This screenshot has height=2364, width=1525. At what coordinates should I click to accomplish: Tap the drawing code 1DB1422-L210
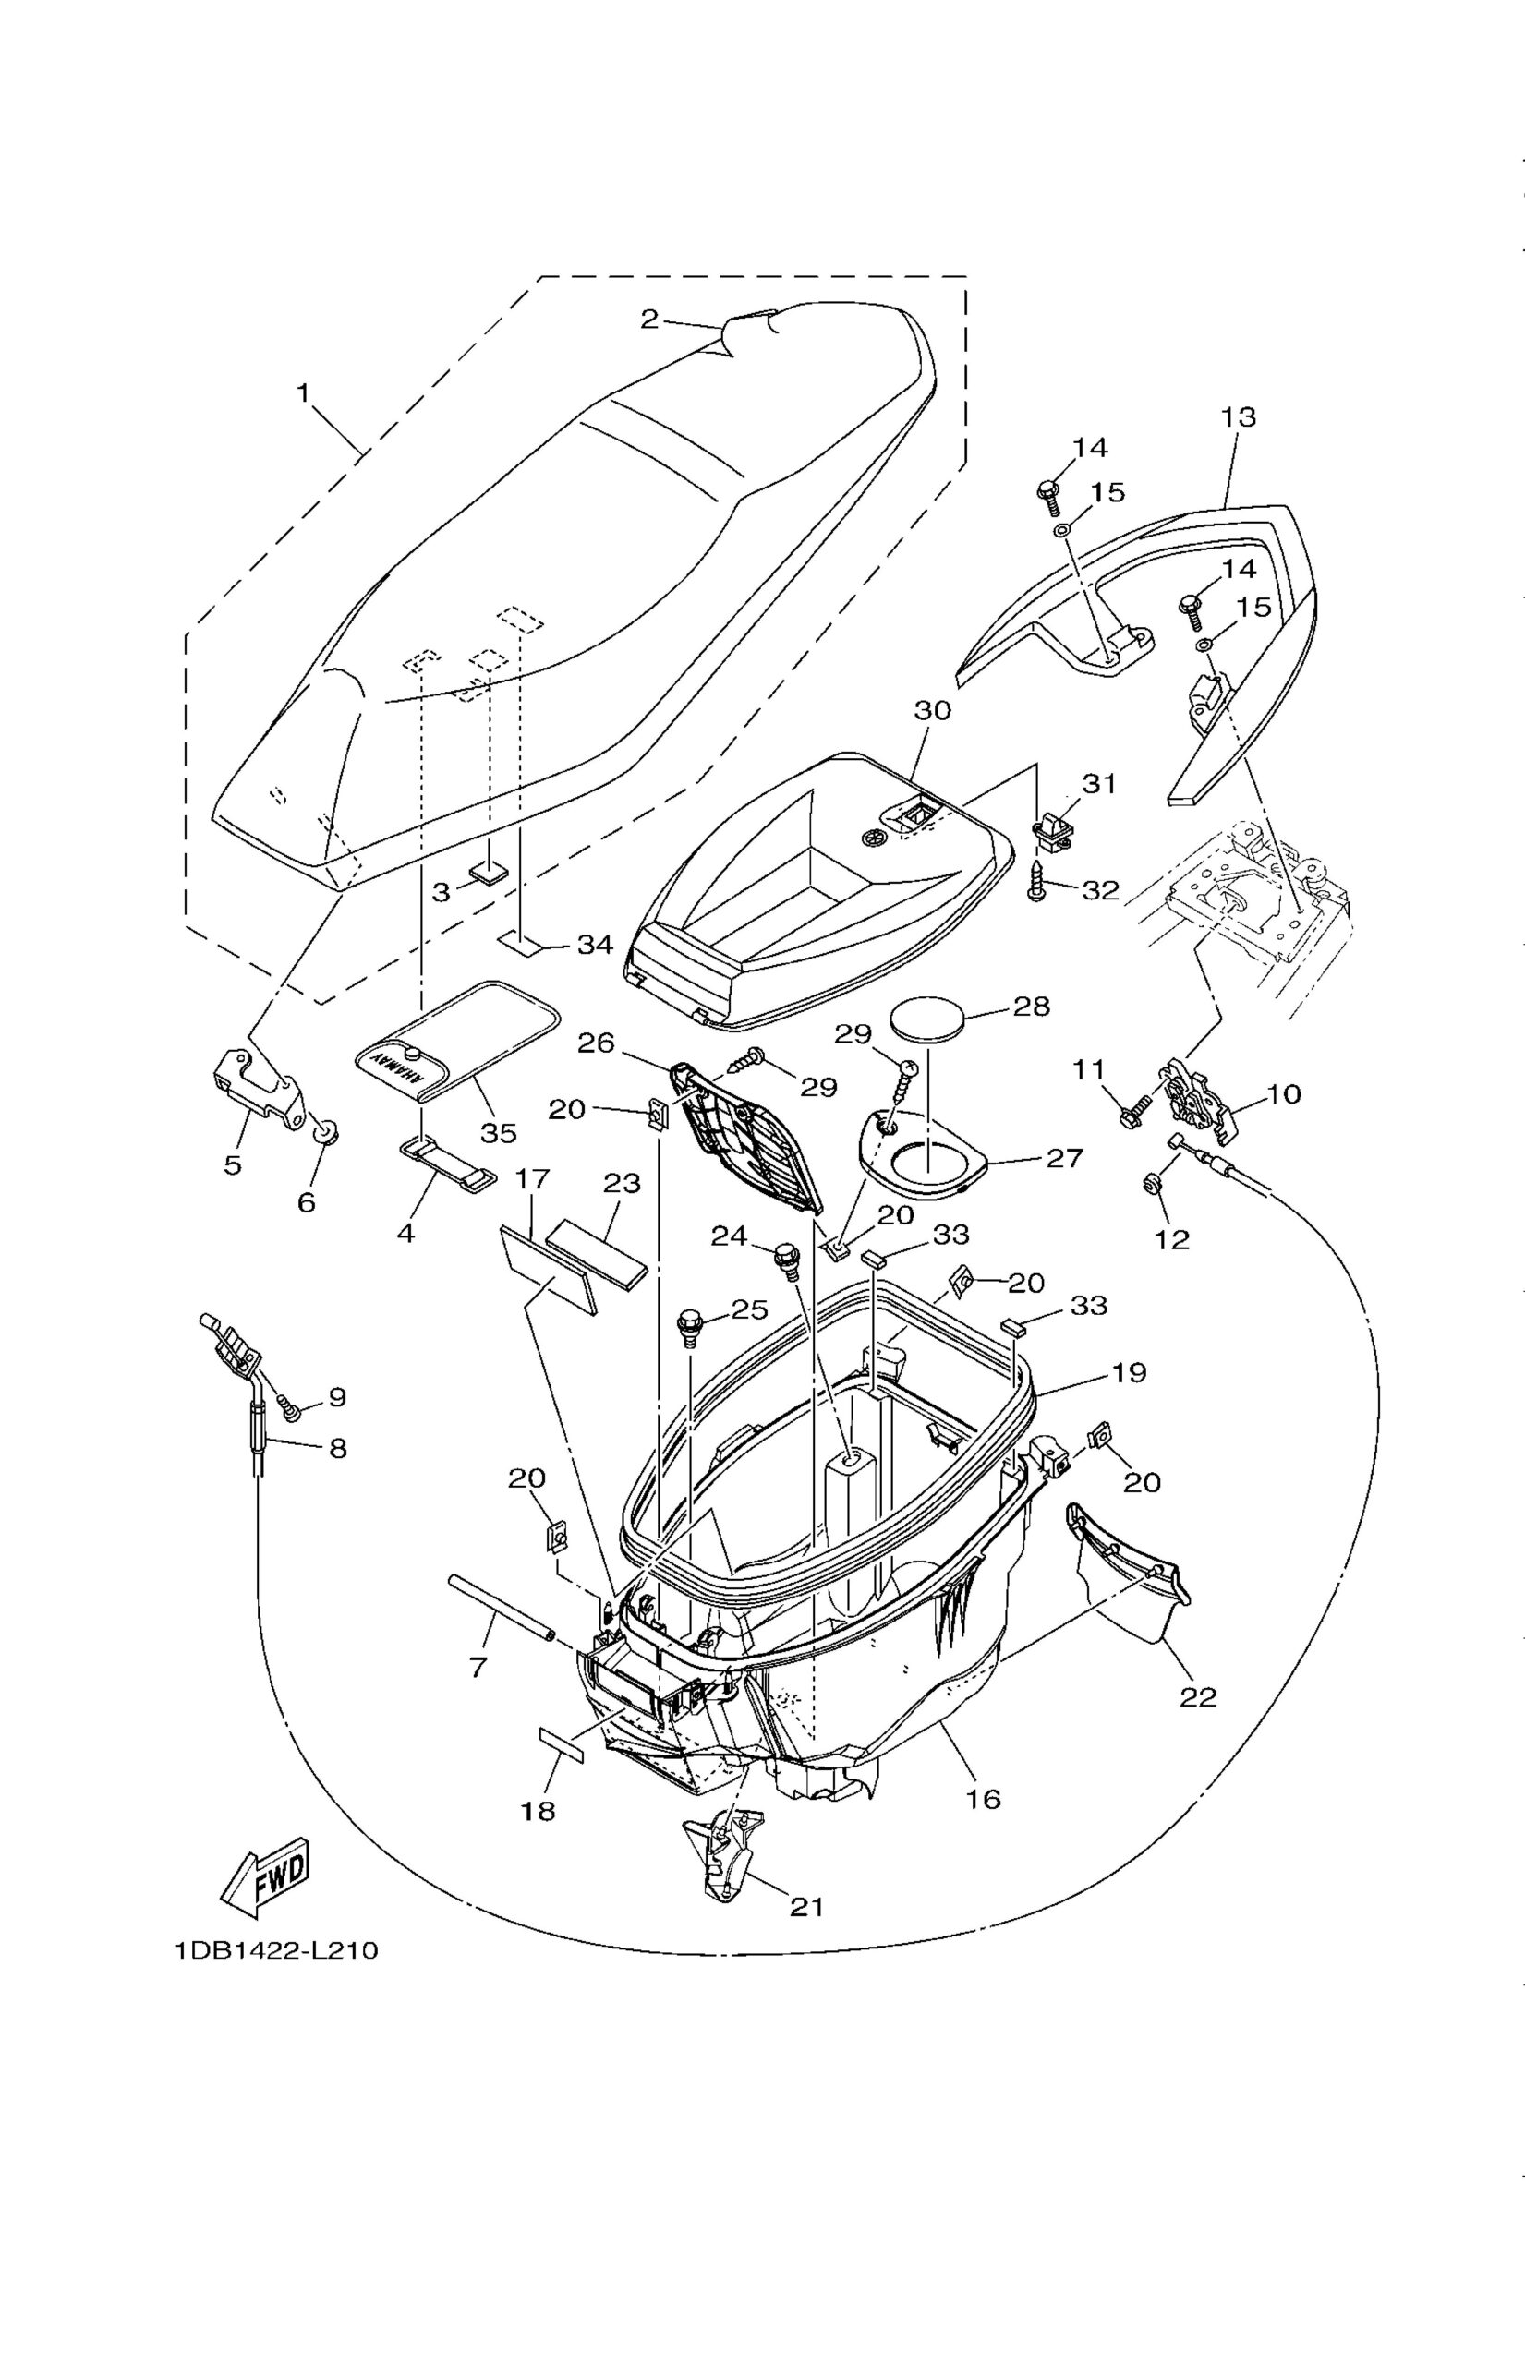pyautogui.click(x=276, y=1950)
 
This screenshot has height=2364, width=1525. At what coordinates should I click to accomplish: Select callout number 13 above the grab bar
pyautogui.click(x=1238, y=416)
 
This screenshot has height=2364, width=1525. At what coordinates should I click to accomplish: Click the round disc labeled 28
pyautogui.click(x=928, y=1019)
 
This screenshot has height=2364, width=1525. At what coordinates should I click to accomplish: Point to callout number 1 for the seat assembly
pyautogui.click(x=304, y=393)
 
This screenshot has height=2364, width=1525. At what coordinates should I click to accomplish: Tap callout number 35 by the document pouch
pyautogui.click(x=498, y=1132)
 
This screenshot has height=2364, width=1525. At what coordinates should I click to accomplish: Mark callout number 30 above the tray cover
pyautogui.click(x=932, y=710)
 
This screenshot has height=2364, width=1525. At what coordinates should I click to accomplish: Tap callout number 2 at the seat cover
pyautogui.click(x=648, y=318)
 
